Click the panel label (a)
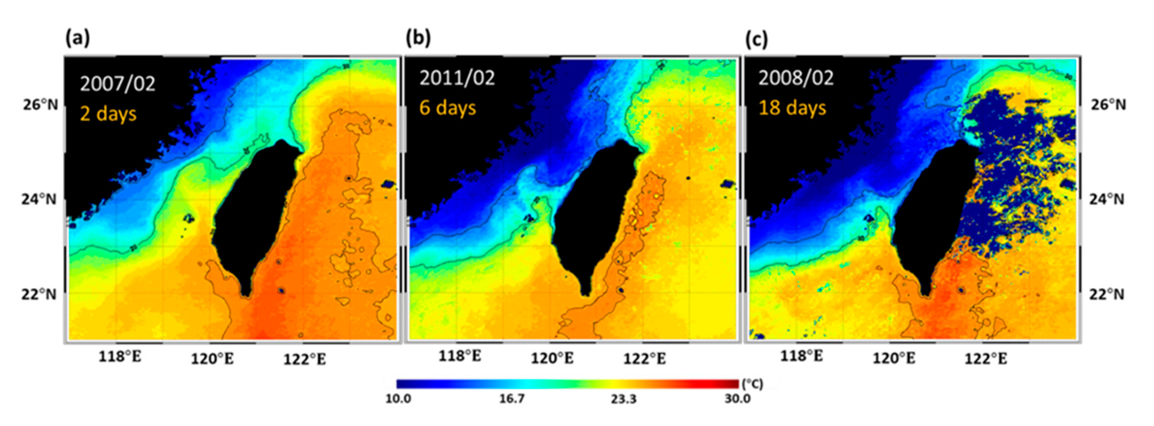pos(77,38)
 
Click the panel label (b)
pos(418,38)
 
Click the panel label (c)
pos(757,39)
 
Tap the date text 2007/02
pos(117,83)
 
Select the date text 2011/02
pos(457,78)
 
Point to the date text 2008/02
pos(796,78)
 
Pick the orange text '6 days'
pos(448,108)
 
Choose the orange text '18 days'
pos(792,108)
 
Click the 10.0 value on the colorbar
pos(398,399)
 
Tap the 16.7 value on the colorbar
pos(512,399)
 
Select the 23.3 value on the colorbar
pos(624,399)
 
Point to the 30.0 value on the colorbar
pos(738,399)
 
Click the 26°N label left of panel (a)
pos(41,104)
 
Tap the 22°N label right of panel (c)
pos(1106,294)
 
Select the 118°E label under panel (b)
pos(460,356)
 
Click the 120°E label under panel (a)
pos(212,359)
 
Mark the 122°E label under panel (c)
pos(985,359)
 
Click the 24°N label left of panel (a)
pos(39,199)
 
